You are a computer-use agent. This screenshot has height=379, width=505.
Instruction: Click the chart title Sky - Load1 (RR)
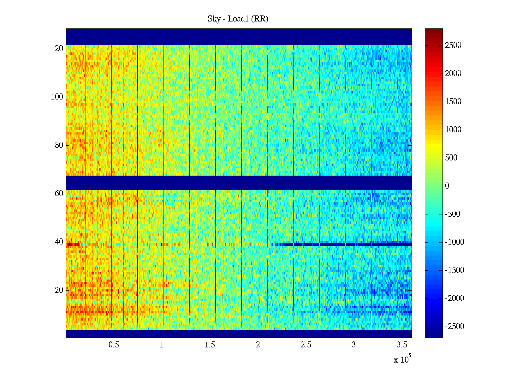[x=238, y=19]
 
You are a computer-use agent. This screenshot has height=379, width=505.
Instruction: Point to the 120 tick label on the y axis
[x=57, y=49]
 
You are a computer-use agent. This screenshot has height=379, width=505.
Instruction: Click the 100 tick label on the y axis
[x=57, y=97]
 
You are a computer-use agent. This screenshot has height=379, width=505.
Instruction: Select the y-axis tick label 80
[x=59, y=145]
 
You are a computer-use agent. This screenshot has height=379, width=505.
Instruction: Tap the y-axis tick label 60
[x=59, y=194]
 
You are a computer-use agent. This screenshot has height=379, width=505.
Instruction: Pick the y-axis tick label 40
[x=59, y=242]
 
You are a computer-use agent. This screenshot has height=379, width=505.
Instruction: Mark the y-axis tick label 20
[x=59, y=290]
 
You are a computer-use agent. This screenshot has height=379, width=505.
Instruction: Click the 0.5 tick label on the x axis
[x=114, y=345]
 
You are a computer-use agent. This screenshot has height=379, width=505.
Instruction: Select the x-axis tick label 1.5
[x=210, y=345]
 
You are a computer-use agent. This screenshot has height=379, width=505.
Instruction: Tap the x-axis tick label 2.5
[x=306, y=345]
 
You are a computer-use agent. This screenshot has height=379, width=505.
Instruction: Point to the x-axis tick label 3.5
[x=402, y=345]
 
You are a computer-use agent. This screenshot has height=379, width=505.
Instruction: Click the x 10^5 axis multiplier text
[x=402, y=359]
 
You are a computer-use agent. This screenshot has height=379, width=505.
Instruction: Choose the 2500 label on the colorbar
[x=453, y=45]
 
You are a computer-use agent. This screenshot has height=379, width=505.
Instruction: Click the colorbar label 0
[x=447, y=186]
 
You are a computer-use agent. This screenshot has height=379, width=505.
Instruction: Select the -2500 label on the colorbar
[x=454, y=327]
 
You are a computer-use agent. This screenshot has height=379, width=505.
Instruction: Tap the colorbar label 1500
[x=453, y=102]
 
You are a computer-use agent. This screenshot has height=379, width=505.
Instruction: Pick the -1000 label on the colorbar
[x=454, y=242]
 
